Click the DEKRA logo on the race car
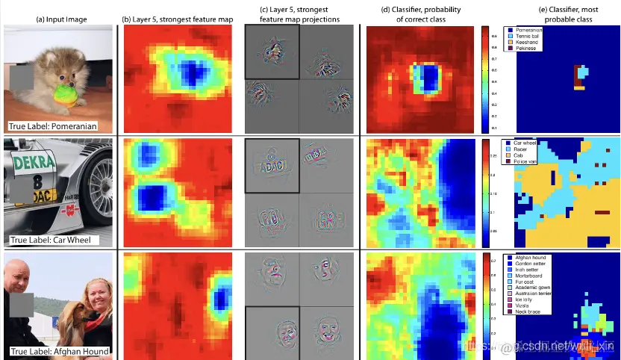[x=33, y=161]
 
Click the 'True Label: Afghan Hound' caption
[x=57, y=350]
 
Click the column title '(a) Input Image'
[x=57, y=19]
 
